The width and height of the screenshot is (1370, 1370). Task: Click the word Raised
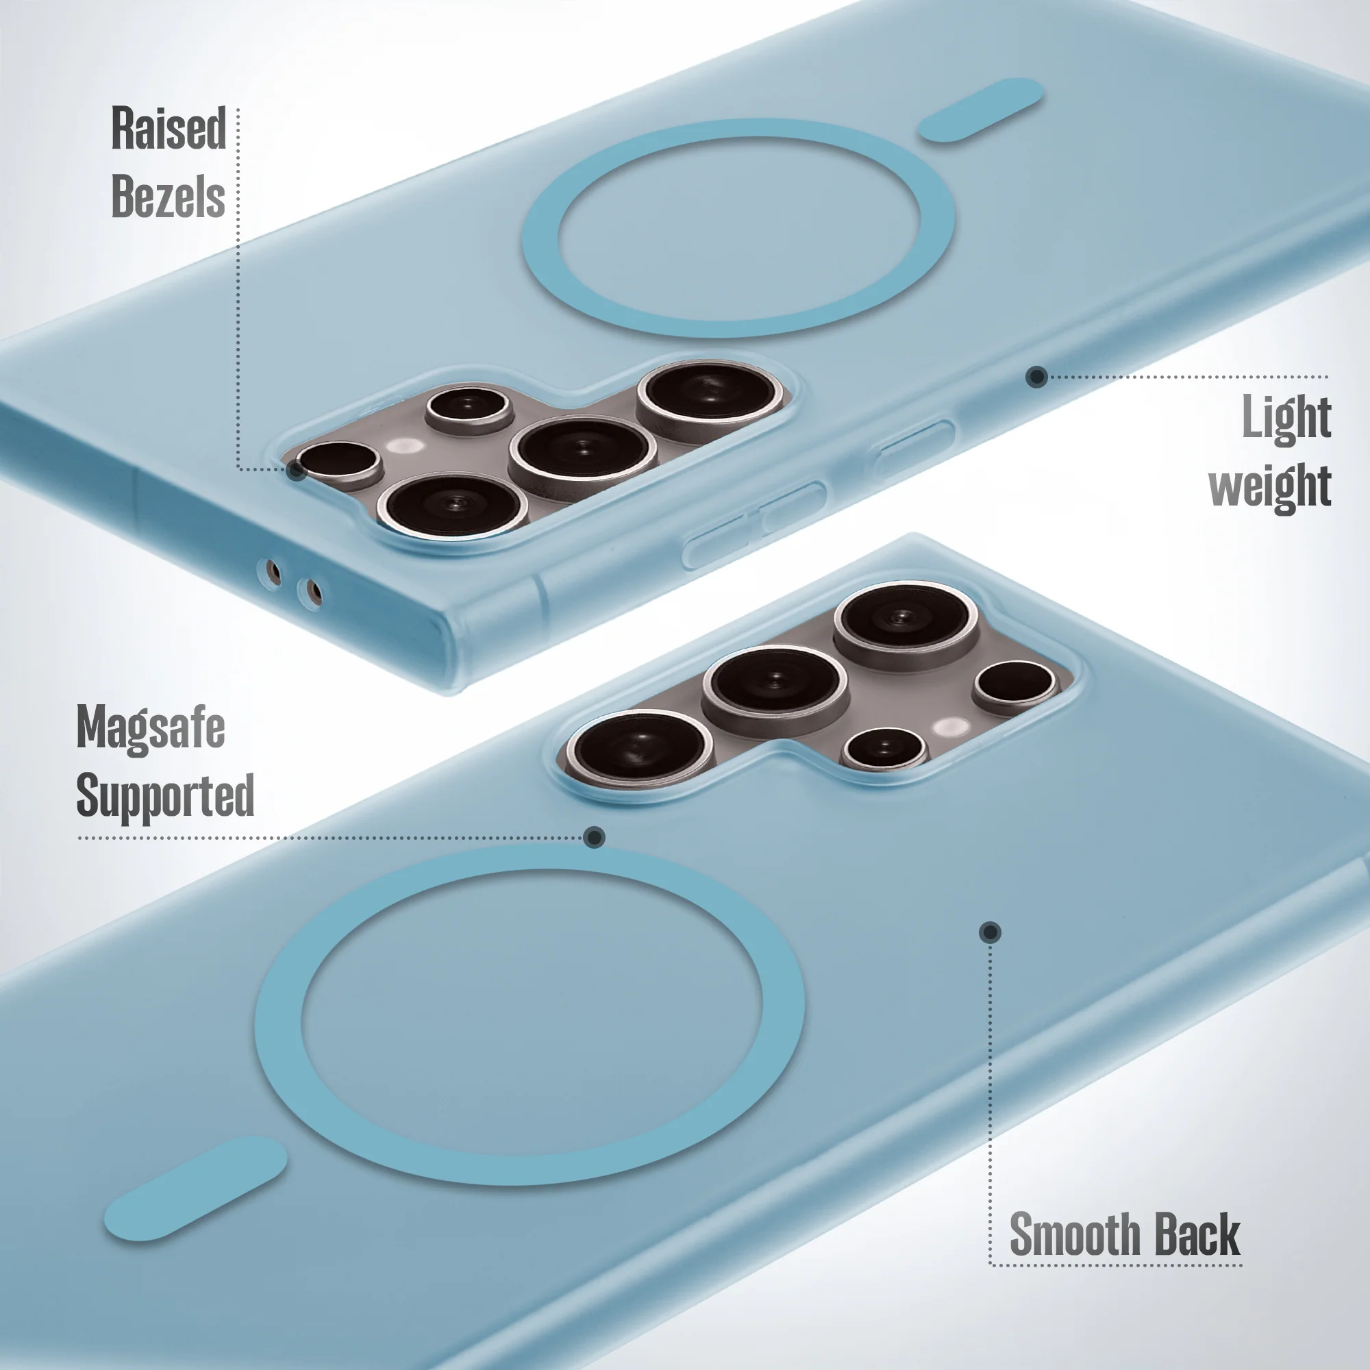169,128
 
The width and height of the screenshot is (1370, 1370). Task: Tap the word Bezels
168,196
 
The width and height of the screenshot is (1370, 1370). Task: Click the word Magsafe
150,727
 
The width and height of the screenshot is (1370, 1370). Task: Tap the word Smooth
1074,1234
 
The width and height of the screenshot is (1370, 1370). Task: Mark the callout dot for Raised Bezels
297,469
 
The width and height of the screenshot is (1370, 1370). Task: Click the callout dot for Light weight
1036,377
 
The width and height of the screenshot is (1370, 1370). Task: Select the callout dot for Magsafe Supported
594,838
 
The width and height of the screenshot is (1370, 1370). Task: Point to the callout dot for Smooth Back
990,932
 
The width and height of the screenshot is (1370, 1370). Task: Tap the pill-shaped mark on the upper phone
982,110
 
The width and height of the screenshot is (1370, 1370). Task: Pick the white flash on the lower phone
950,727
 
